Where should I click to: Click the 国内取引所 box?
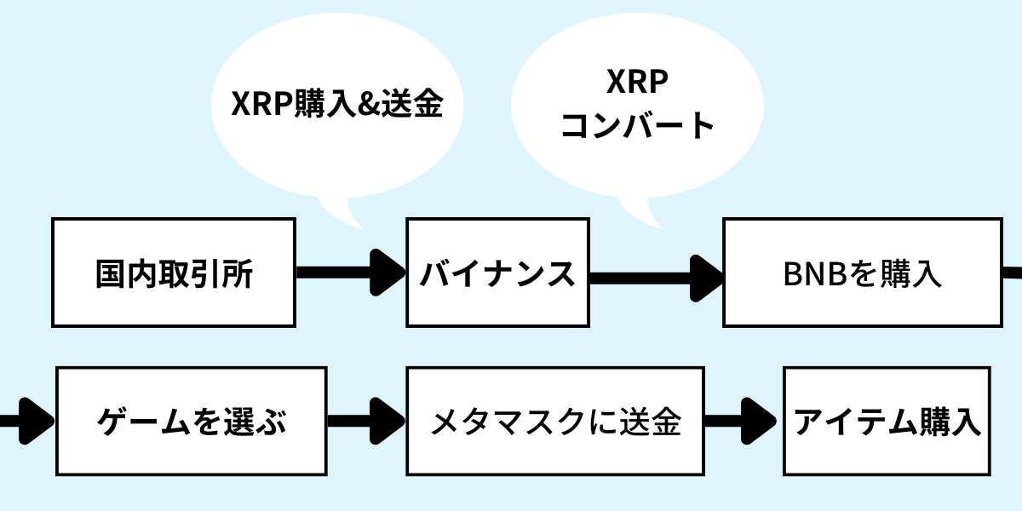point(174,273)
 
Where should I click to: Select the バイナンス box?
point(497,273)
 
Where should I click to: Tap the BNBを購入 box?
point(863,273)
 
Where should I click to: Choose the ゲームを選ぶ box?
point(192,421)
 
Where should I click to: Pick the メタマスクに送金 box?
point(555,421)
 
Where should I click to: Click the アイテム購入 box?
point(887,421)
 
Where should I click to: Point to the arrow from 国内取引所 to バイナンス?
point(351,273)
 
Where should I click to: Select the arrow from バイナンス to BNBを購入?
point(657,278)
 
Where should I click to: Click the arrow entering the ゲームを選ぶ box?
point(27,421)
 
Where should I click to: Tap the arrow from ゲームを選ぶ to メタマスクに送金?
point(366,421)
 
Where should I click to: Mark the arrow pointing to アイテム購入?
point(740,421)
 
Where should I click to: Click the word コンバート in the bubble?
point(637,125)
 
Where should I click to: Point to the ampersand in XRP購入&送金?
point(368,104)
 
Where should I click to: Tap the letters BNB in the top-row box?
point(815,274)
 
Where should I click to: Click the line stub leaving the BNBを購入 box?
point(1013,273)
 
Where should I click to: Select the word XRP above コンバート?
point(637,82)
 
